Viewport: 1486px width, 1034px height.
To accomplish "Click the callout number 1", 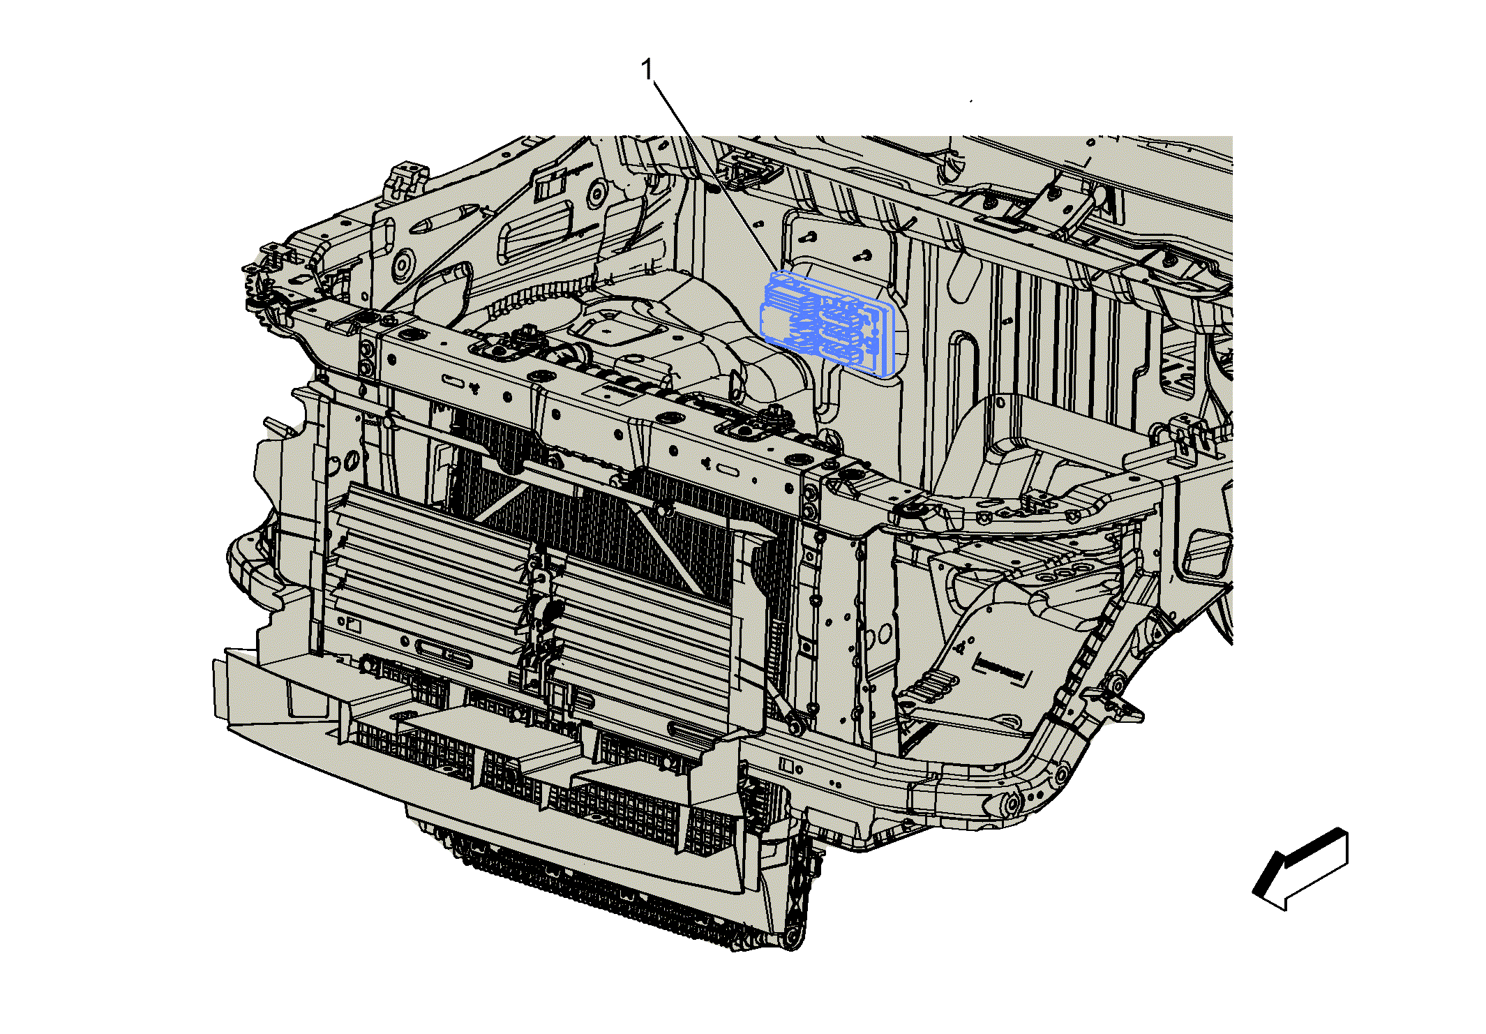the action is tap(647, 70).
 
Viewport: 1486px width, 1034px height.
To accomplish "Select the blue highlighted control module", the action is tap(828, 324).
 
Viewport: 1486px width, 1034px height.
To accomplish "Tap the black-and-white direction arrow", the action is tap(1300, 869).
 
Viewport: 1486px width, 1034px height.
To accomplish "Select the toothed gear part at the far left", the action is tap(255, 293).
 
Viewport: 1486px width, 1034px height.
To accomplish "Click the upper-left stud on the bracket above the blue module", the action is tap(810, 237).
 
